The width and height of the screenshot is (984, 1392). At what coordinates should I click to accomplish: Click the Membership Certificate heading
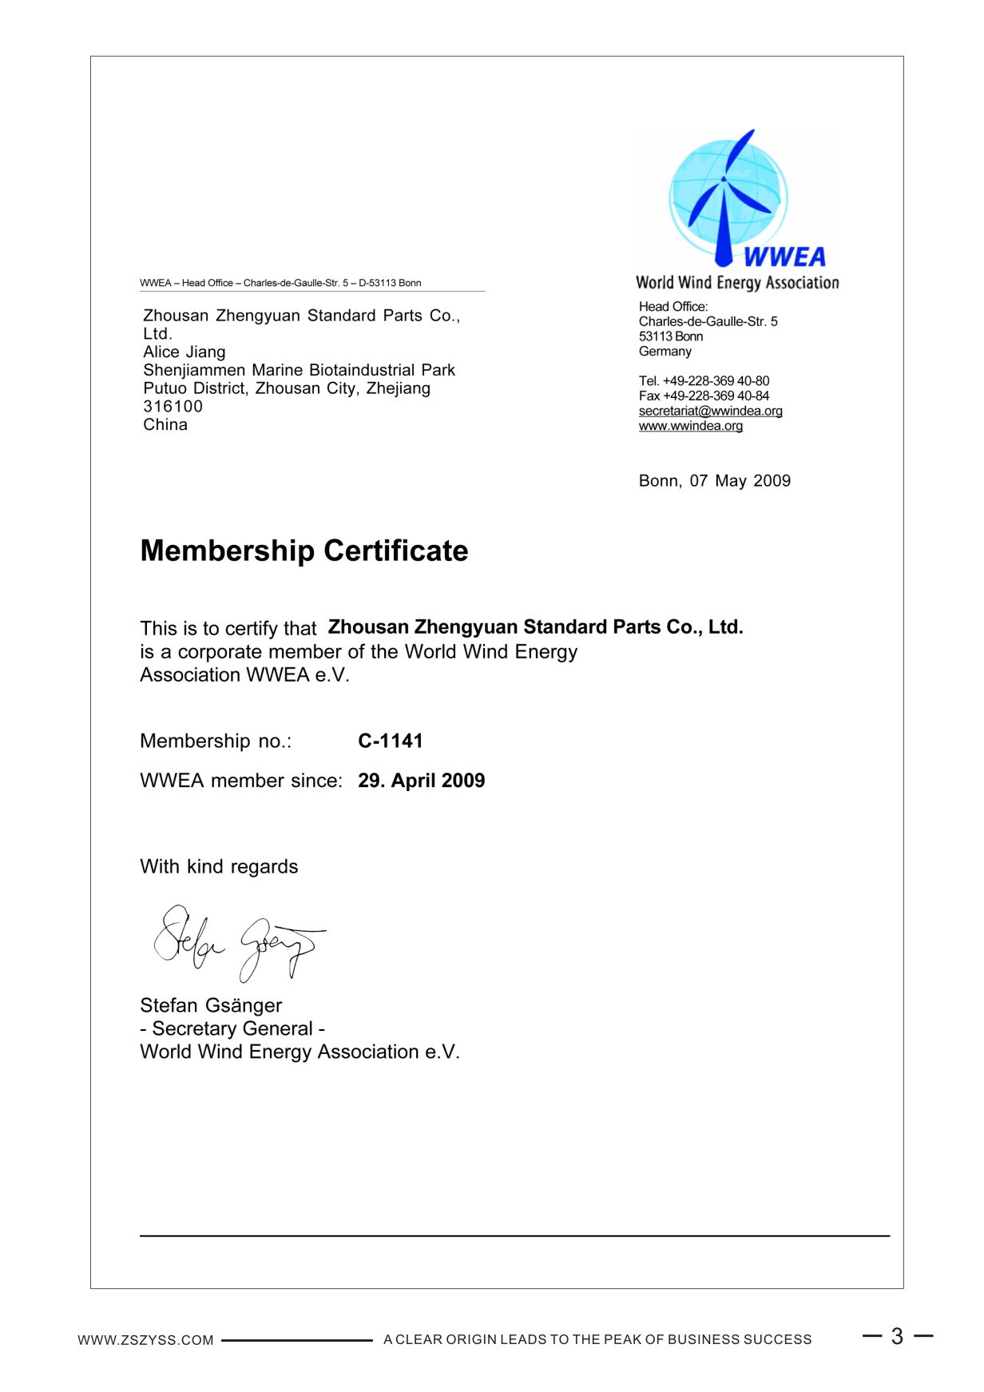304,551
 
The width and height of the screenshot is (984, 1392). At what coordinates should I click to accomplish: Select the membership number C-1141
390,741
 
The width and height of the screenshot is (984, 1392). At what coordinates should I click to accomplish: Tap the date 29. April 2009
421,781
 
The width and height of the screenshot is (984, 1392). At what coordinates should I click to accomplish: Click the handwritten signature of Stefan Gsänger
239,941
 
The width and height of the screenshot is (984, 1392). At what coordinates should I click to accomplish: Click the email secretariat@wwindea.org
710,411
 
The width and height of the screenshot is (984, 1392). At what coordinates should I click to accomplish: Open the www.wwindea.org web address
690,426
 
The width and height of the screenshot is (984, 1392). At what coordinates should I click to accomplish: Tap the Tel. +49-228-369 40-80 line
704,381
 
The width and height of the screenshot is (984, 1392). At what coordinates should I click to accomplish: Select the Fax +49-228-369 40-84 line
704,396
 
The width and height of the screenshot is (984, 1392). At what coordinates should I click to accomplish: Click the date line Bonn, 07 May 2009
714,481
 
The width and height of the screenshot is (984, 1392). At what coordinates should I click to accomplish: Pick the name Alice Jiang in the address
184,352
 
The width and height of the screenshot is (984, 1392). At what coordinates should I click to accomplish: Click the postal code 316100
173,407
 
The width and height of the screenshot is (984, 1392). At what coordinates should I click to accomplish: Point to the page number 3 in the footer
897,1336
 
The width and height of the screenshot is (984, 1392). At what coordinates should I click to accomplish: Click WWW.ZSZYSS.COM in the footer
145,1340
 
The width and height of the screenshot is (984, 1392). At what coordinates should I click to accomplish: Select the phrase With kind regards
219,867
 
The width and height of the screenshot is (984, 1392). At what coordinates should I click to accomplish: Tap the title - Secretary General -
232,1028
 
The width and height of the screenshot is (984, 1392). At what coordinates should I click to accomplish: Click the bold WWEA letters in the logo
784,257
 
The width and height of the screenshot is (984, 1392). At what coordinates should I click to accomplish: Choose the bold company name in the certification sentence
535,627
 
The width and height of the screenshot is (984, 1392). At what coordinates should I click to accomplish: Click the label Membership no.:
216,742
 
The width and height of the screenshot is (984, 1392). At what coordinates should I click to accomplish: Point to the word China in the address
165,425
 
